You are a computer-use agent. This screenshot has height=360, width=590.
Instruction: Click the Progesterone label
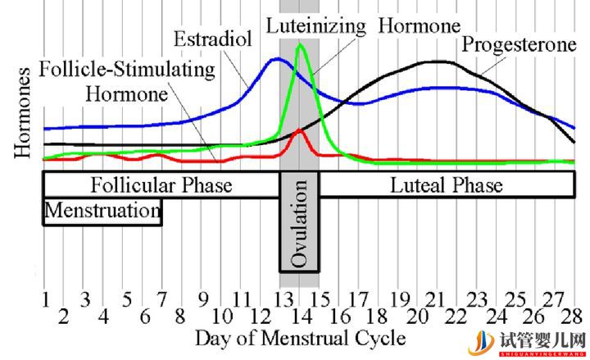coord(519,43)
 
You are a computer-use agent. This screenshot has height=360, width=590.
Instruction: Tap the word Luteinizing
coord(316,25)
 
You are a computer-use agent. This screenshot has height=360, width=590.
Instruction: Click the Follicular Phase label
coord(161,185)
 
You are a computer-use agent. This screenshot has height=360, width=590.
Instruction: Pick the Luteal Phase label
coord(447,185)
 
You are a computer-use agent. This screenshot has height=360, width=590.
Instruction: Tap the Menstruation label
coord(102,212)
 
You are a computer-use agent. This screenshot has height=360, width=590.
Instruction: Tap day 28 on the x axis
coord(574,316)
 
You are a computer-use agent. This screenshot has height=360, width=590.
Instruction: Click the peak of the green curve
coord(300,44)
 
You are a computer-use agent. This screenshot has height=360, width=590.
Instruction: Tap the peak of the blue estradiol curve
coord(276,58)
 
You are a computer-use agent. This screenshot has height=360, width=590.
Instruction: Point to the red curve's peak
coord(300,130)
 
